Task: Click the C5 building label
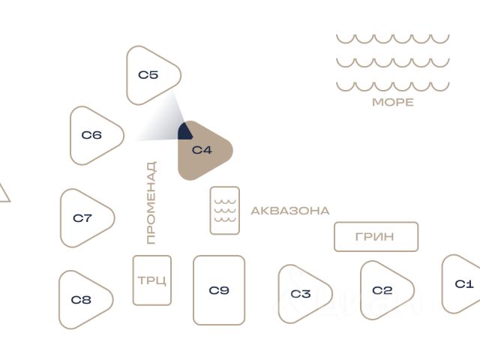coord(148,75)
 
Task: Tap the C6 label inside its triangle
coord(91,135)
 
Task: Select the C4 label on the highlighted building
coord(202,150)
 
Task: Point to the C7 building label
coord(82,218)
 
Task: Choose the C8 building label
coord(81,300)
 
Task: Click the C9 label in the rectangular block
coord(219,290)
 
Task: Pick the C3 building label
coord(301,294)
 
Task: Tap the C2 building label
coord(382,290)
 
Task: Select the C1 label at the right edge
coord(464,284)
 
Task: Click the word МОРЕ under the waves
coord(393,102)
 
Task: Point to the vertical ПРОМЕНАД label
coord(151,202)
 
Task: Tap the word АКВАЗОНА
coord(290,211)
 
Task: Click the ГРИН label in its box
coord(375,237)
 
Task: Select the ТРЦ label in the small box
coord(152,280)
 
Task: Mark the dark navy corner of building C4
coord(184,132)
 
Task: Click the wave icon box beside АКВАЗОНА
coord(225,211)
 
